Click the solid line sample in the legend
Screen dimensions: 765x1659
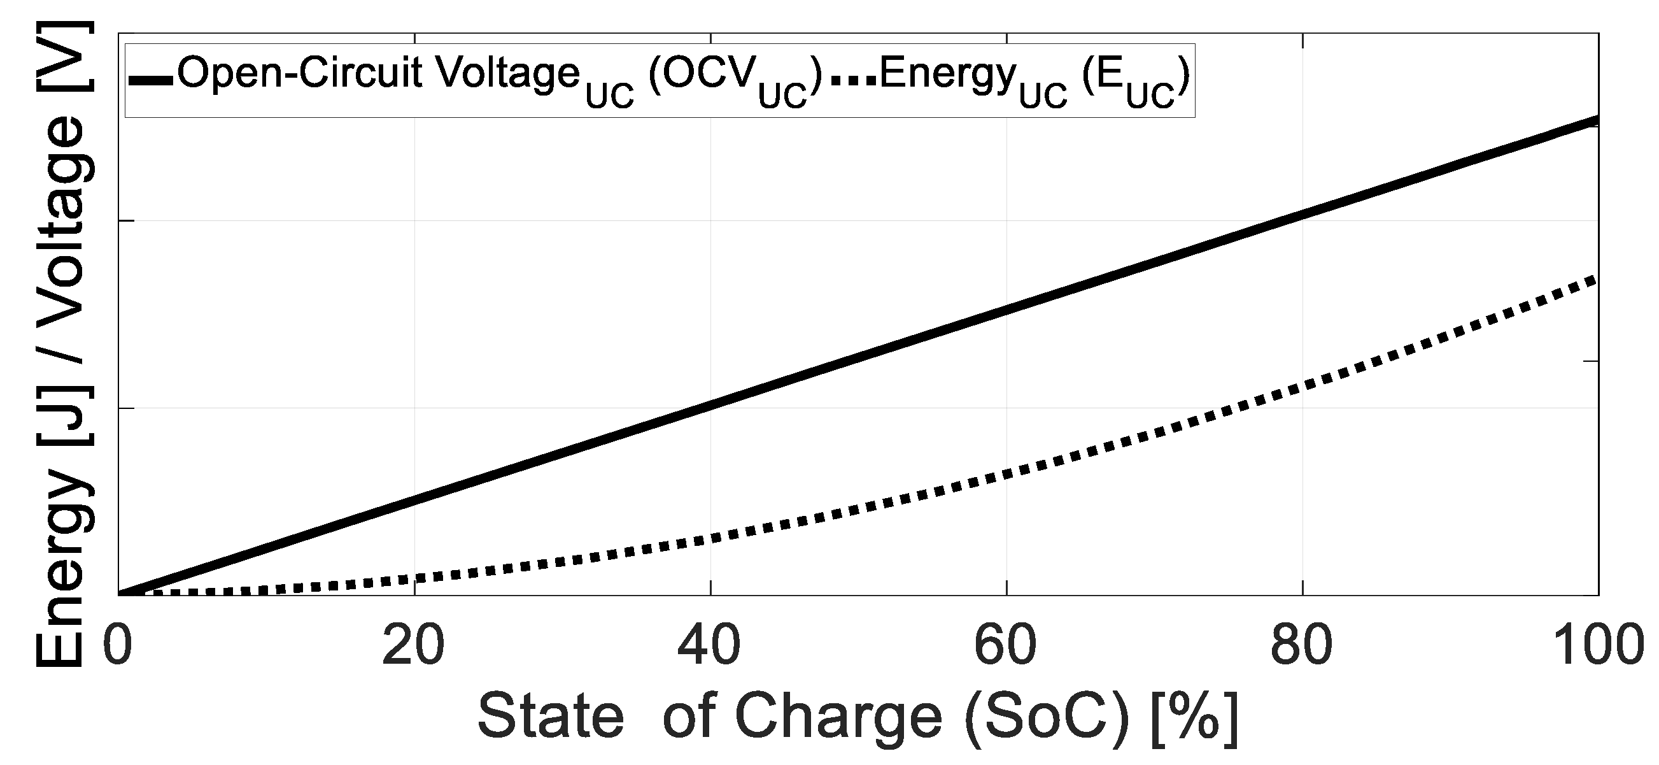150,80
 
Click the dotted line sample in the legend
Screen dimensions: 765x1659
853,80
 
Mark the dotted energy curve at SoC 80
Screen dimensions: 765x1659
1302,387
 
